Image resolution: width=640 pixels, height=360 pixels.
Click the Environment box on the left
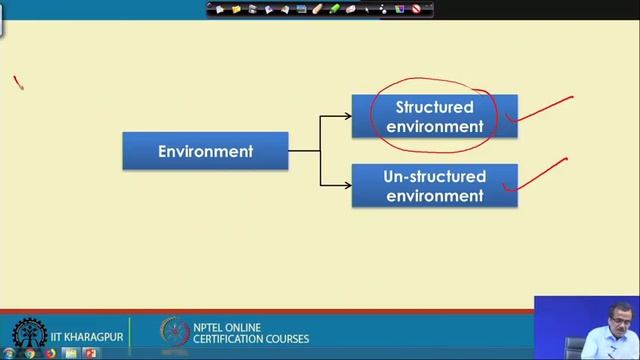tap(205, 151)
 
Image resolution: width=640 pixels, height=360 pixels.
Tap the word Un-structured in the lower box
tap(434, 177)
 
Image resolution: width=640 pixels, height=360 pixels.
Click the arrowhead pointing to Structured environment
tap(347, 116)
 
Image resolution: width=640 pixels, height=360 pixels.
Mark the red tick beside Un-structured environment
tap(536, 174)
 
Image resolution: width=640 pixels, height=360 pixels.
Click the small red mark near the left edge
tap(18, 83)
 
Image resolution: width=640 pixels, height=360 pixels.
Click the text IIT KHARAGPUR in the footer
tap(87, 337)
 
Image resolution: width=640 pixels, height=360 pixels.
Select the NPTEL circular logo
tap(175, 333)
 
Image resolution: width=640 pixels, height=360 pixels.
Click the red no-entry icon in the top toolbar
tap(416, 9)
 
